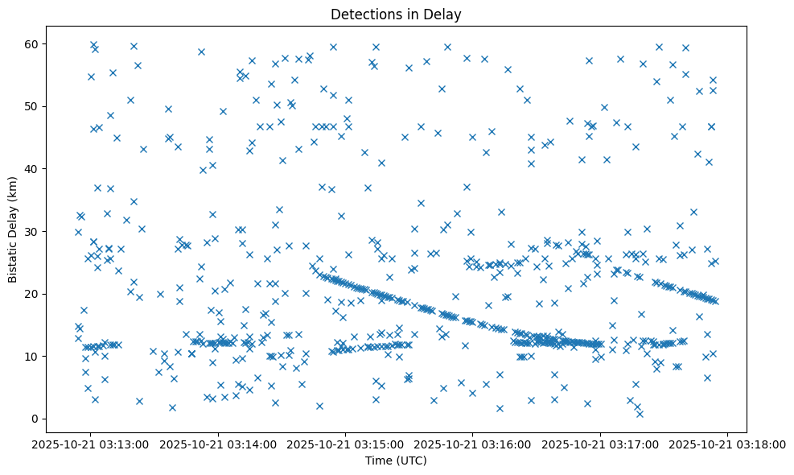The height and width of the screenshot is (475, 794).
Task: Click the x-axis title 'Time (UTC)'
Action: coord(395,461)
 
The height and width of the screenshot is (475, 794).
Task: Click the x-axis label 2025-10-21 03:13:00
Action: coord(91,444)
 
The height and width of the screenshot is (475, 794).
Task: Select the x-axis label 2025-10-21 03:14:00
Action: coord(219,444)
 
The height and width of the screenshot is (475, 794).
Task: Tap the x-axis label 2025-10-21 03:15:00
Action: coord(346,444)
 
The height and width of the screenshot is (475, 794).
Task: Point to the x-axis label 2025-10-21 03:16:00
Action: coord(474,444)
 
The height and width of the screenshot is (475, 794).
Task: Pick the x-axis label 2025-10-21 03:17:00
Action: coord(601,444)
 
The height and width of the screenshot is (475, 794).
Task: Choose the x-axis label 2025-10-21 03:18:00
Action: coord(729,444)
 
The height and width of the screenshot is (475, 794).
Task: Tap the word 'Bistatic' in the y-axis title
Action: coord(14,262)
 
